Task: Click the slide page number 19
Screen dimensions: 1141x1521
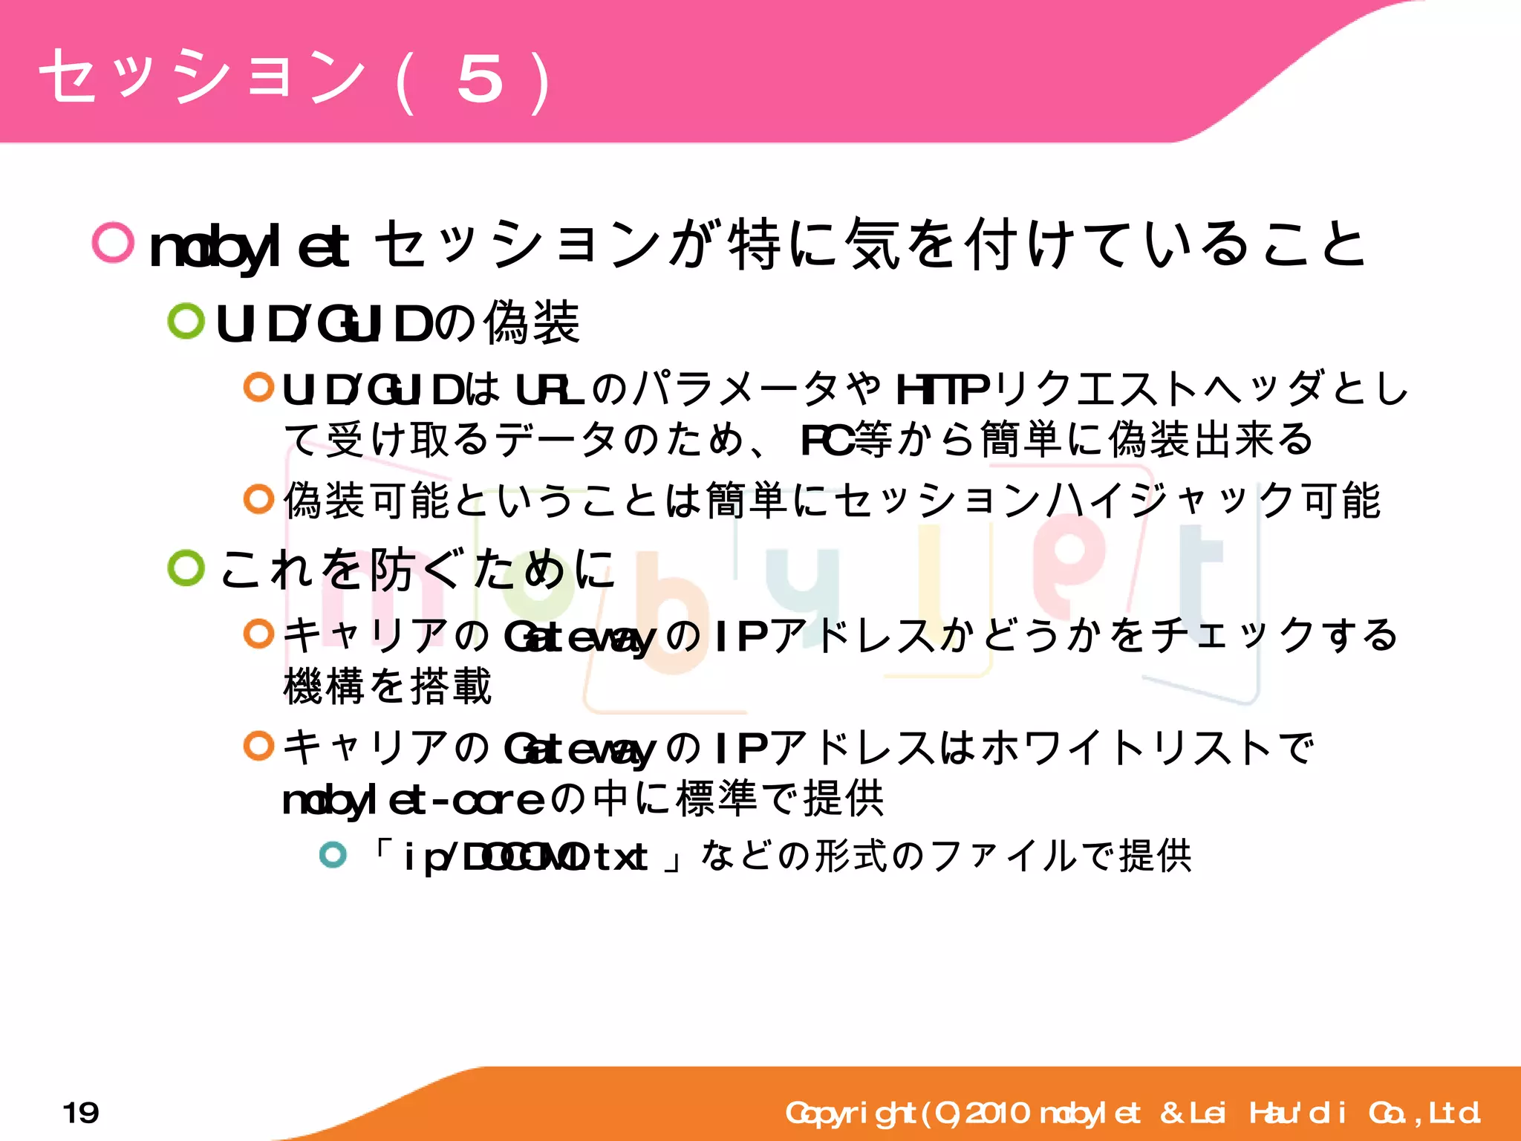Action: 81,1113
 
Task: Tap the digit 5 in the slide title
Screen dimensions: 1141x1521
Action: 480,79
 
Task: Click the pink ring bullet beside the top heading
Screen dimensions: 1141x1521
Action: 113,242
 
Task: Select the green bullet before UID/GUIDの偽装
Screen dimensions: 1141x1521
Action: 186,321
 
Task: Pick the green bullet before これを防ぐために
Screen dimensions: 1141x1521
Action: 186,568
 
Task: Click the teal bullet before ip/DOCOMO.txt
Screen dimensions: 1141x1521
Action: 333,854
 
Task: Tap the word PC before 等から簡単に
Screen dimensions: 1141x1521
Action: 827,439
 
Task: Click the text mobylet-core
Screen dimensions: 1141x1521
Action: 413,801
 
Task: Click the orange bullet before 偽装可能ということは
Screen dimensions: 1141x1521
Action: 258,498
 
